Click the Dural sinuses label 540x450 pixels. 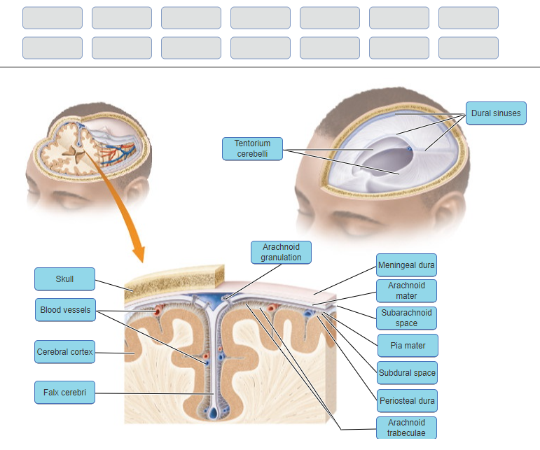pyautogui.click(x=495, y=113)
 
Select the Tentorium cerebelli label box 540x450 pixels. pyautogui.click(x=252, y=148)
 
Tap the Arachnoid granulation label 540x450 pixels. pyautogui.click(x=281, y=252)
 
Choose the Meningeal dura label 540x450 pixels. pyautogui.click(x=406, y=265)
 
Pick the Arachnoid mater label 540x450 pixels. pyautogui.click(x=406, y=290)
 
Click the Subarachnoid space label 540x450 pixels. pyautogui.click(x=406, y=318)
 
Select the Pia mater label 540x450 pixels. pyautogui.click(x=406, y=346)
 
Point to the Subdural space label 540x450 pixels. pyautogui.click(x=407, y=373)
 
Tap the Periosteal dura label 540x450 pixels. pyautogui.click(x=406, y=401)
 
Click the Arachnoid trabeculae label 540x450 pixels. pyautogui.click(x=406, y=428)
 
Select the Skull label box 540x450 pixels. pyautogui.click(x=64, y=279)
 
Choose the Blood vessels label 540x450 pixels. pyautogui.click(x=64, y=309)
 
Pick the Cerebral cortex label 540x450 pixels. pyautogui.click(x=64, y=351)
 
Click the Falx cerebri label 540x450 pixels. pyautogui.click(x=64, y=393)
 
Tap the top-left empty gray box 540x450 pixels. pyautogui.click(x=52, y=17)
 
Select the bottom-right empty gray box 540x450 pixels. pyautogui.click(x=468, y=48)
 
